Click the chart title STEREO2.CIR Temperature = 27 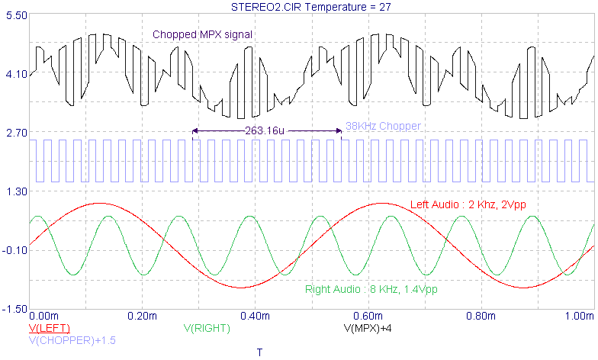coord(312,7)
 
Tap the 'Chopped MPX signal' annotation coord(202,34)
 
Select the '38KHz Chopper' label coord(383,126)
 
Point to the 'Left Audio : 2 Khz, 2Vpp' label coord(468,204)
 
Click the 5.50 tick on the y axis coord(14,15)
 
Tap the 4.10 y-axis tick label coord(14,74)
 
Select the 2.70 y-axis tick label coord(14,133)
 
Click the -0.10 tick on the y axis coord(14,250)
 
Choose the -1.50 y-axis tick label coord(14,309)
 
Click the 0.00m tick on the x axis coord(43,316)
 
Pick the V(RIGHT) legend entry coord(207,328)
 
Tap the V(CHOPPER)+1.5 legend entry coord(72,340)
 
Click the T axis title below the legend coord(259,352)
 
